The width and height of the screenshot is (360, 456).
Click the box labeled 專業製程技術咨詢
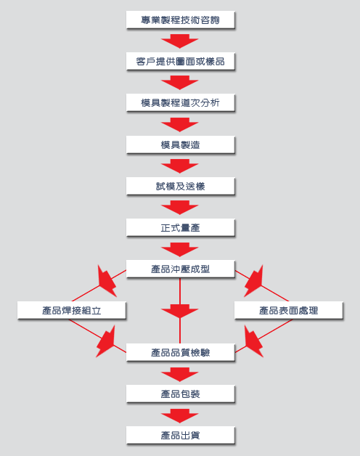click(180, 20)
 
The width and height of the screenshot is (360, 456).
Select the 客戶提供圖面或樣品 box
click(180, 61)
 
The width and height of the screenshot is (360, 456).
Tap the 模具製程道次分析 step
click(180, 102)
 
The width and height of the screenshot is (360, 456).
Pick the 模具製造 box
click(180, 144)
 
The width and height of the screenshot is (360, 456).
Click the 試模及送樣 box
click(180, 186)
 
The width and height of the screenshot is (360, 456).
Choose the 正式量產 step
click(180, 228)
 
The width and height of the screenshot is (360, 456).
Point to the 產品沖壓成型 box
click(180, 269)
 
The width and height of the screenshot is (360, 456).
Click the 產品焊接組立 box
click(72, 310)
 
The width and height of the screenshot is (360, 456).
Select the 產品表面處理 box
click(289, 310)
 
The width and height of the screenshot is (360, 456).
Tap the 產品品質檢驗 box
click(180, 352)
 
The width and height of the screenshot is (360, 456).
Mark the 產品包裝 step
click(180, 394)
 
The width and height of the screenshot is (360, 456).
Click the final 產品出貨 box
click(180, 436)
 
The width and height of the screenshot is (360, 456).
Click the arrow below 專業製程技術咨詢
click(180, 41)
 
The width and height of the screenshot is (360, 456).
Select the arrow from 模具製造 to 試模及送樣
click(180, 166)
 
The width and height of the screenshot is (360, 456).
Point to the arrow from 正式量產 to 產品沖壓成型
click(180, 249)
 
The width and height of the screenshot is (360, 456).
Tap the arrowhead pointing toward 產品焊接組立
click(107, 281)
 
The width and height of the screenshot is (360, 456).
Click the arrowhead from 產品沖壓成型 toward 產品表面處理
click(253, 281)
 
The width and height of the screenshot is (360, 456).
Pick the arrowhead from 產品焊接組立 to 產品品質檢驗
click(106, 341)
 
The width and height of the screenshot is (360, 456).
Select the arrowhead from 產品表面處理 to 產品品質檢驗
click(253, 341)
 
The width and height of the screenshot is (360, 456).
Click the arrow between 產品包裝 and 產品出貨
click(180, 415)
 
